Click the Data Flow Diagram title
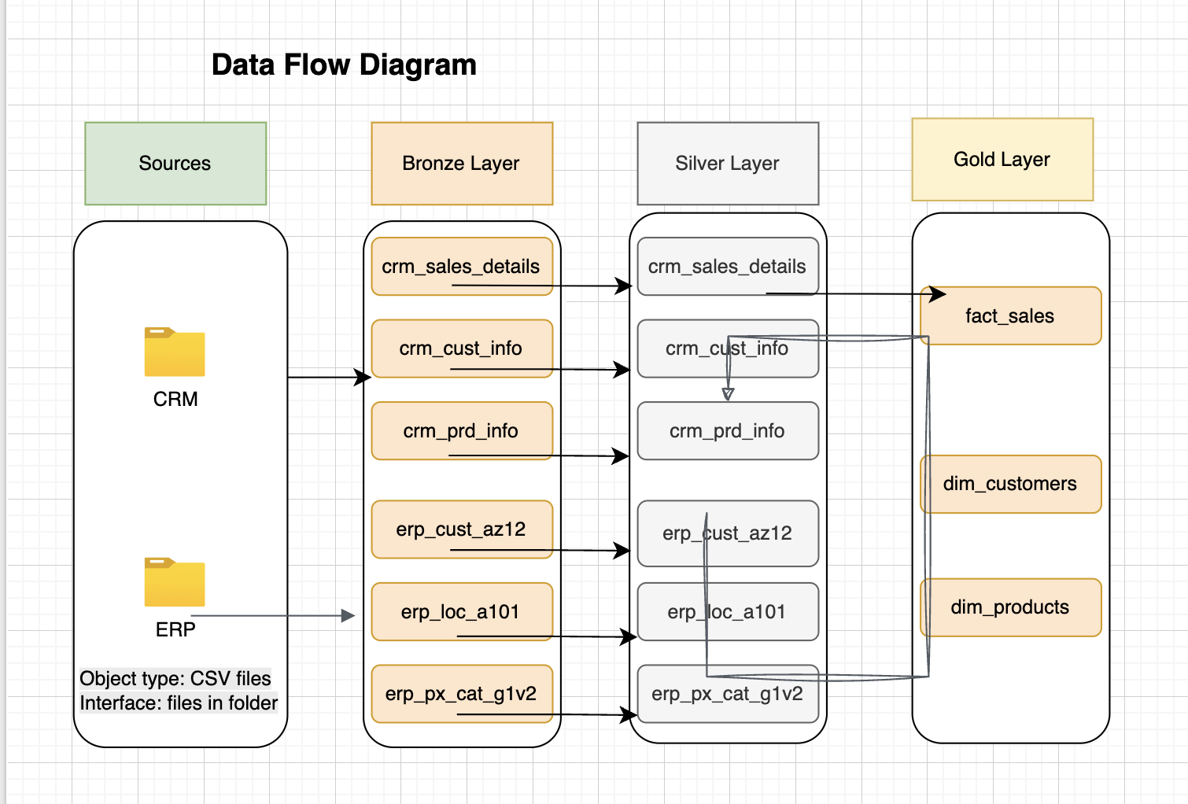click(x=344, y=65)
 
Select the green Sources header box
click(x=175, y=164)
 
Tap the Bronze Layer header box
click(x=462, y=164)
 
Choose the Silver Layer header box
click(x=728, y=164)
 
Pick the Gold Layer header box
click(x=1002, y=160)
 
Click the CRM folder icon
click(x=175, y=352)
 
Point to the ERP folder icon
click(x=175, y=583)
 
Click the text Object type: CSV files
click(x=175, y=678)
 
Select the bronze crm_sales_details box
click(x=462, y=266)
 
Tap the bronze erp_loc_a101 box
click(x=462, y=611)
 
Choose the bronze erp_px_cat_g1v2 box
click(x=462, y=693)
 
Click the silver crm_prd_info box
click(x=728, y=431)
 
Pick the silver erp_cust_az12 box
click(x=728, y=533)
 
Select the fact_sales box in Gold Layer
click(x=1010, y=316)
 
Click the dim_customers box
click(x=1010, y=484)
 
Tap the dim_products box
click(x=1010, y=607)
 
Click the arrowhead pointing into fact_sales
click(x=938, y=294)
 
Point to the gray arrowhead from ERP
click(x=348, y=616)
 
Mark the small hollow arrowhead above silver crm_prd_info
click(x=728, y=394)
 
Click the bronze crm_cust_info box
click(x=462, y=348)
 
